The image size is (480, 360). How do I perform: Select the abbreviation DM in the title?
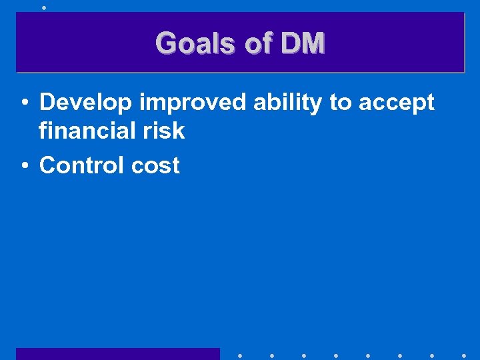(x=303, y=44)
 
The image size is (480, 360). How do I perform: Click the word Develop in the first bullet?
(x=86, y=103)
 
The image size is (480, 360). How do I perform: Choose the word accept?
(x=397, y=103)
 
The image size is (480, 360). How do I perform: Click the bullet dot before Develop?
(x=24, y=103)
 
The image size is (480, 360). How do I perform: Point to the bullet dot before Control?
(x=24, y=166)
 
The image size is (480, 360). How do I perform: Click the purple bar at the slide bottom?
(x=117, y=353)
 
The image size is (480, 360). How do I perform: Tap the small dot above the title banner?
(x=43, y=8)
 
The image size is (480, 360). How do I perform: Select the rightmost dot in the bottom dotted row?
(x=464, y=354)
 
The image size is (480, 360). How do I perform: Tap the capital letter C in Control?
(x=47, y=165)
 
